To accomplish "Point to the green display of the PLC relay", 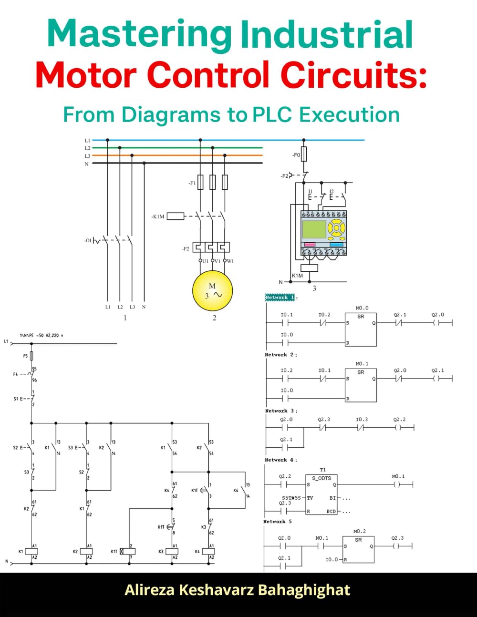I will coord(314,229).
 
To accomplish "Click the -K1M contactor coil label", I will coord(158,216).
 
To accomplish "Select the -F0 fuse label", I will coord(296,155).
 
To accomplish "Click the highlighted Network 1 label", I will coord(280,298).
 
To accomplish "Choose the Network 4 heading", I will coord(281,460).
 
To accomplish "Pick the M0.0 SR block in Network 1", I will coord(361,329).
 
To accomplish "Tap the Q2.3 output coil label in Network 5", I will coord(397,538).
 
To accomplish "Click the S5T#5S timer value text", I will coord(291,497).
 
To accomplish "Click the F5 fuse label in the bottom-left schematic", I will coord(25,356).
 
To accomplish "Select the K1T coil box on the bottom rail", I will coord(127,551).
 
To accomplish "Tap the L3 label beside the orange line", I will coord(87,156).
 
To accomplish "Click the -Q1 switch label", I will coord(87,240).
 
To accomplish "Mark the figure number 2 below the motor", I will coord(214,318).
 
